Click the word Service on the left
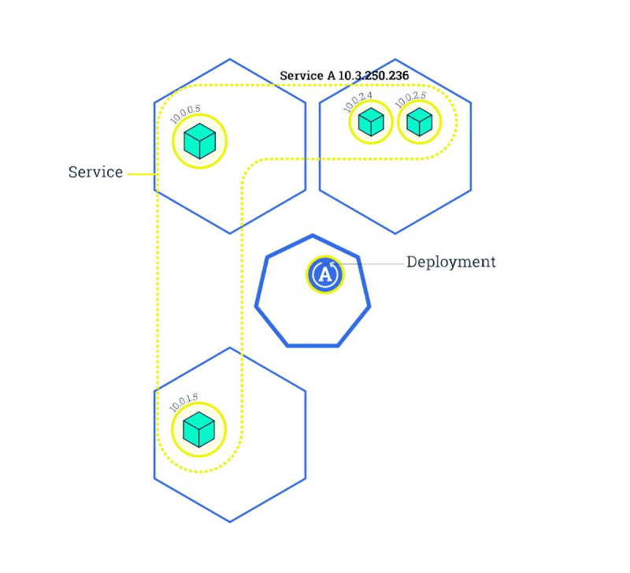[95, 172]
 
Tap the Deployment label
[451, 262]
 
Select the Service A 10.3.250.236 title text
[344, 76]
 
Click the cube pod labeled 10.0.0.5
[199, 141]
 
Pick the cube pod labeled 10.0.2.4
[371, 121]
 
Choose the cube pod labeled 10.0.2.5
[419, 121]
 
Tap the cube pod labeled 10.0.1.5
[198, 430]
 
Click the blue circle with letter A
[324, 274]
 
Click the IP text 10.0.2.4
[358, 102]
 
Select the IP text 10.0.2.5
[409, 101]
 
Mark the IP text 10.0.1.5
[184, 403]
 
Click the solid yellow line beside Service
[142, 173]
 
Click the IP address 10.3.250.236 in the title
[373, 76]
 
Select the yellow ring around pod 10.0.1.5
[173, 430]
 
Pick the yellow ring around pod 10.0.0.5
[174, 141]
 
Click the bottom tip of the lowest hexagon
[230, 522]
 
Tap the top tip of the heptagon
[313, 235]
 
